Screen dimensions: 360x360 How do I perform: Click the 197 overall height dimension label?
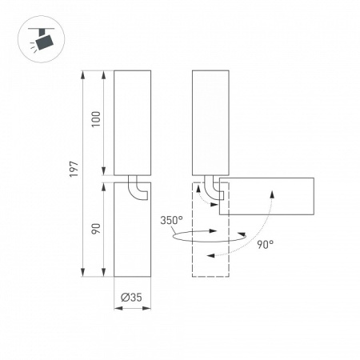pyautogui.click(x=74, y=169)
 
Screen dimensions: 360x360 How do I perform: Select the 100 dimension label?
pyautogui.click(x=96, y=119)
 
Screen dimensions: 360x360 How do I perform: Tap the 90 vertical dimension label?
pyautogui.click(x=96, y=229)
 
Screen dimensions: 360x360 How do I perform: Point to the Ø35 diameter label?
pyautogui.click(x=131, y=298)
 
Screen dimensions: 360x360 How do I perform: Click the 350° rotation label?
pyautogui.click(x=171, y=221)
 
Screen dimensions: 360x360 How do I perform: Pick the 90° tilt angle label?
pyautogui.click(x=266, y=244)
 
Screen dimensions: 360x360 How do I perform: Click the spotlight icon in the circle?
pyautogui.click(x=42, y=39)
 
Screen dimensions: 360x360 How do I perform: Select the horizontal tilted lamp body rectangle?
pyautogui.click(x=266, y=196)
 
